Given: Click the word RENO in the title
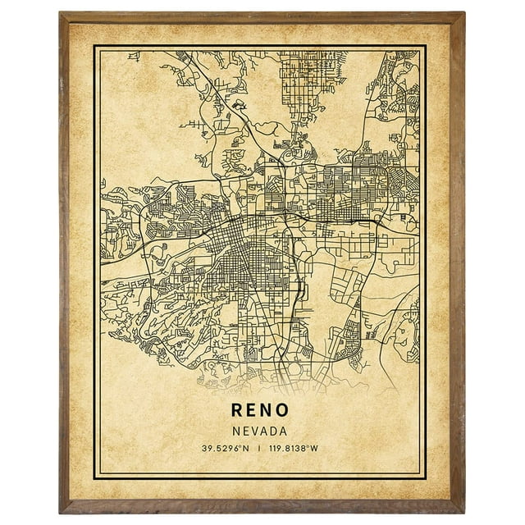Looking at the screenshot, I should tap(259, 409).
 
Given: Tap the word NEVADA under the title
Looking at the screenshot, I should tap(259, 431).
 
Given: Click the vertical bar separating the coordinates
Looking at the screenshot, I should tap(258, 448).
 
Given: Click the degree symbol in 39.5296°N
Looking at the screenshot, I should tap(236, 446).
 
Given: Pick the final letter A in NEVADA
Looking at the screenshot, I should tap(283, 431).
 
